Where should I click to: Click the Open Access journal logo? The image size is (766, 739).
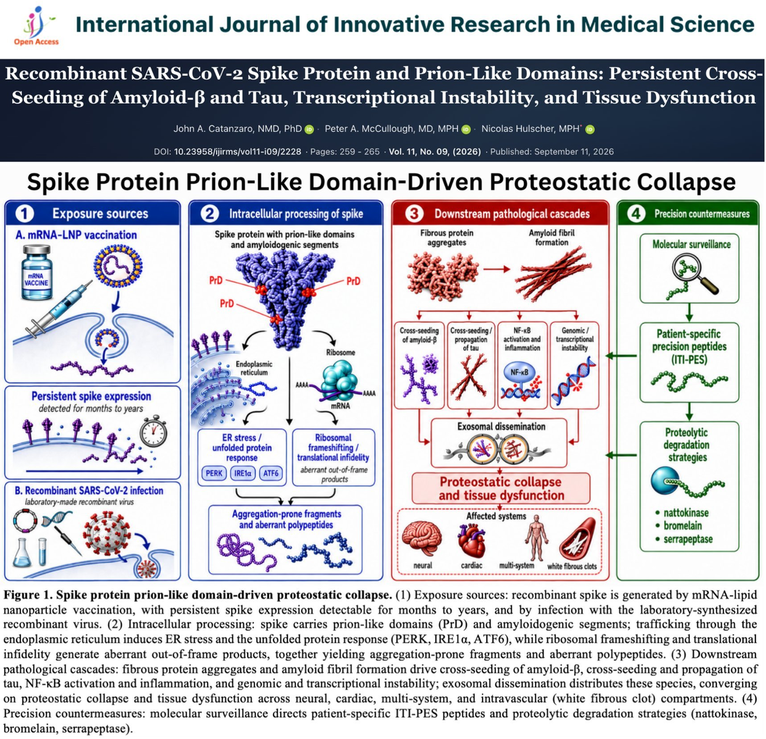[x=36, y=25]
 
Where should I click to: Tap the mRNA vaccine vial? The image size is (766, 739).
[x=36, y=272]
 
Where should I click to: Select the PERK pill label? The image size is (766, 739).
[x=214, y=473]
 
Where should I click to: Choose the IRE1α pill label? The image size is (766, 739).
[x=243, y=473]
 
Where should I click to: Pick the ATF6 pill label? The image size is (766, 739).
[x=271, y=473]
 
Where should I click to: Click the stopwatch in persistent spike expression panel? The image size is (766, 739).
[x=154, y=431]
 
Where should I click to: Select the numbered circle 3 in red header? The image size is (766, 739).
[x=414, y=214]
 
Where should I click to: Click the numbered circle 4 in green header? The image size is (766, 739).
[x=636, y=214]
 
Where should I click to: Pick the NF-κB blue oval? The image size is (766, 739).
[x=519, y=372]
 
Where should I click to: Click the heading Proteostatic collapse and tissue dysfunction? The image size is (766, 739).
[x=501, y=488]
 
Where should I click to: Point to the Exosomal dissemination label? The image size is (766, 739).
[x=501, y=427]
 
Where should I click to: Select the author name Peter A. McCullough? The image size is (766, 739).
[x=392, y=128]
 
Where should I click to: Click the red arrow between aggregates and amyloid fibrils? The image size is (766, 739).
[x=497, y=269]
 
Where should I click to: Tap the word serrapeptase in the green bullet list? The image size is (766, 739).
[x=688, y=539]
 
